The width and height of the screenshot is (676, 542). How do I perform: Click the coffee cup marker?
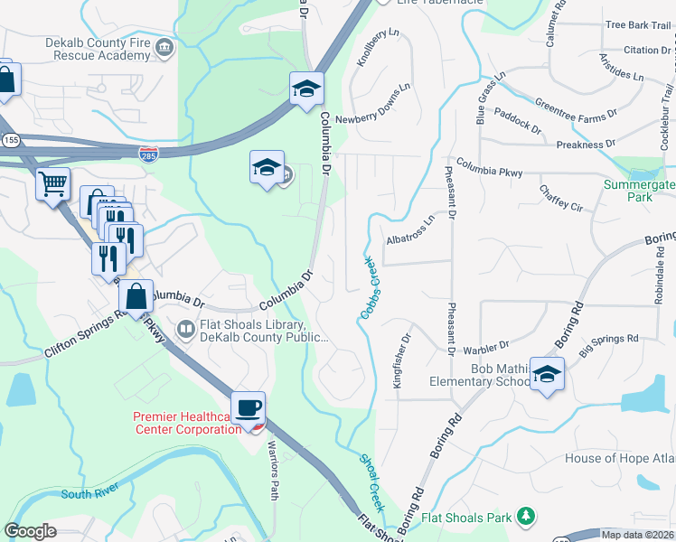(x=248, y=406)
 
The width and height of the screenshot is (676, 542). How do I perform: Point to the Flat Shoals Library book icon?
(x=186, y=329)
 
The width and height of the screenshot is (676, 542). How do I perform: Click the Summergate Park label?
(x=639, y=191)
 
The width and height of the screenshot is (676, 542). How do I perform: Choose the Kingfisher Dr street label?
(x=399, y=360)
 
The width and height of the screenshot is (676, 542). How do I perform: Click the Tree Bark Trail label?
(x=638, y=24)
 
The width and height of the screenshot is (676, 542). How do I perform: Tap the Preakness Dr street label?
(x=586, y=144)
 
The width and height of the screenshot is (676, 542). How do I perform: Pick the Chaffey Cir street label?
(x=561, y=198)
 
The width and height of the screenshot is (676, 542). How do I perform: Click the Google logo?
(x=31, y=531)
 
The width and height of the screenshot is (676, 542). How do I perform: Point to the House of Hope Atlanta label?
(x=619, y=458)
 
